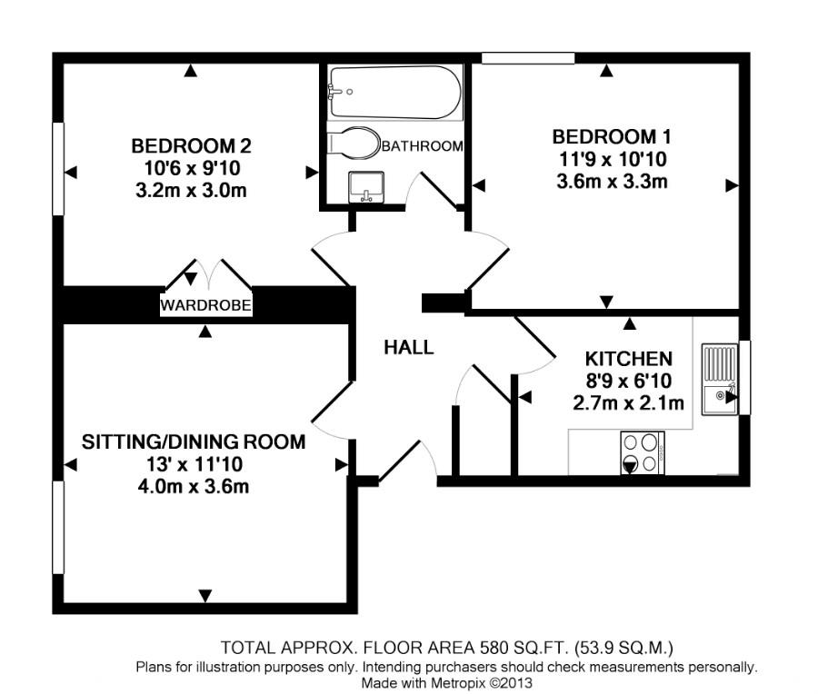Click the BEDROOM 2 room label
tap(191, 145)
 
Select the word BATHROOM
tap(422, 145)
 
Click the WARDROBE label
tap(205, 305)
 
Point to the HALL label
tap(408, 347)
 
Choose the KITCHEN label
tap(628, 358)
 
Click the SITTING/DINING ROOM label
tap(194, 442)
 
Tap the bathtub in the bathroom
tap(395, 92)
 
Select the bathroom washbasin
tap(367, 186)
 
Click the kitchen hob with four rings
tap(642, 452)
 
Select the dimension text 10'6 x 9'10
tap(191, 168)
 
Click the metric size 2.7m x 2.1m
tap(628, 402)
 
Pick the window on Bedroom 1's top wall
tap(528, 59)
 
